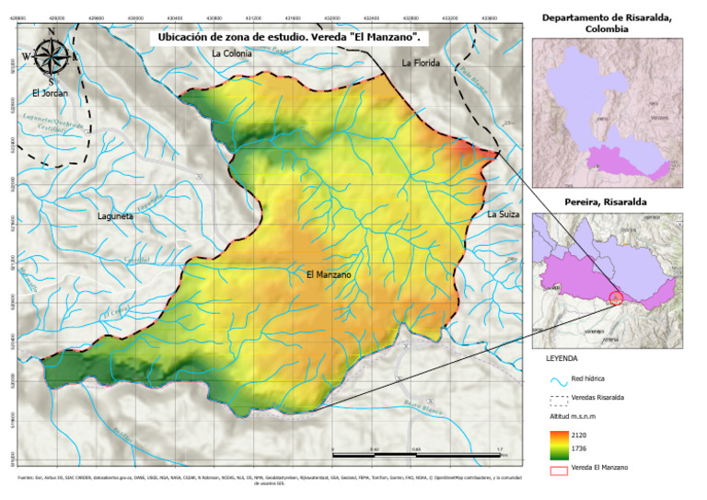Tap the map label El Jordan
tap(48, 93)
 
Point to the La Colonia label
tap(230, 53)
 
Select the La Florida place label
tap(421, 63)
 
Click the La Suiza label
tap(504, 214)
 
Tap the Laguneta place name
tap(116, 216)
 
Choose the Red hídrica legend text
tap(589, 378)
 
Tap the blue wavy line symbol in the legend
tap(556, 378)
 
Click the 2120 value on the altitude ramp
tap(578, 433)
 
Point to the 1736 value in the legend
tap(578, 448)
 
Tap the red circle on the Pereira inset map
tap(616, 297)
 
